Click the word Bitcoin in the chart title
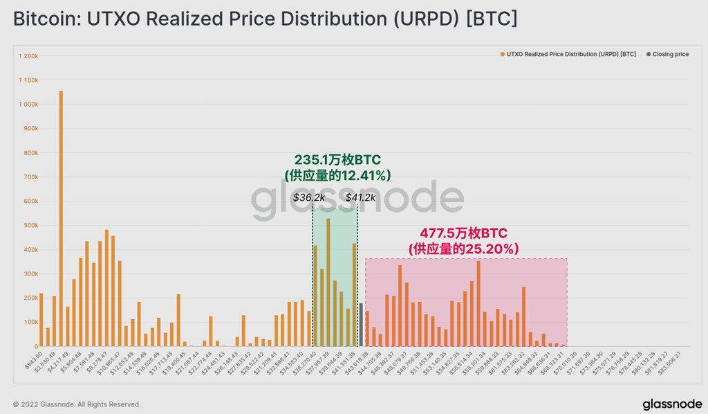[x=43, y=19]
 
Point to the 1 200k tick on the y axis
[x=28, y=55]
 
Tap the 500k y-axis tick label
[x=30, y=225]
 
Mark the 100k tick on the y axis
[x=30, y=322]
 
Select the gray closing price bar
[x=360, y=325]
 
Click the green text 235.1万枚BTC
[x=337, y=161]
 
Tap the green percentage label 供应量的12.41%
[x=337, y=176]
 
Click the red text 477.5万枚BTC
[x=463, y=233]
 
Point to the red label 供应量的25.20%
[x=463, y=249]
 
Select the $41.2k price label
[x=360, y=197]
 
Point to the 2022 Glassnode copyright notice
[x=77, y=404]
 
